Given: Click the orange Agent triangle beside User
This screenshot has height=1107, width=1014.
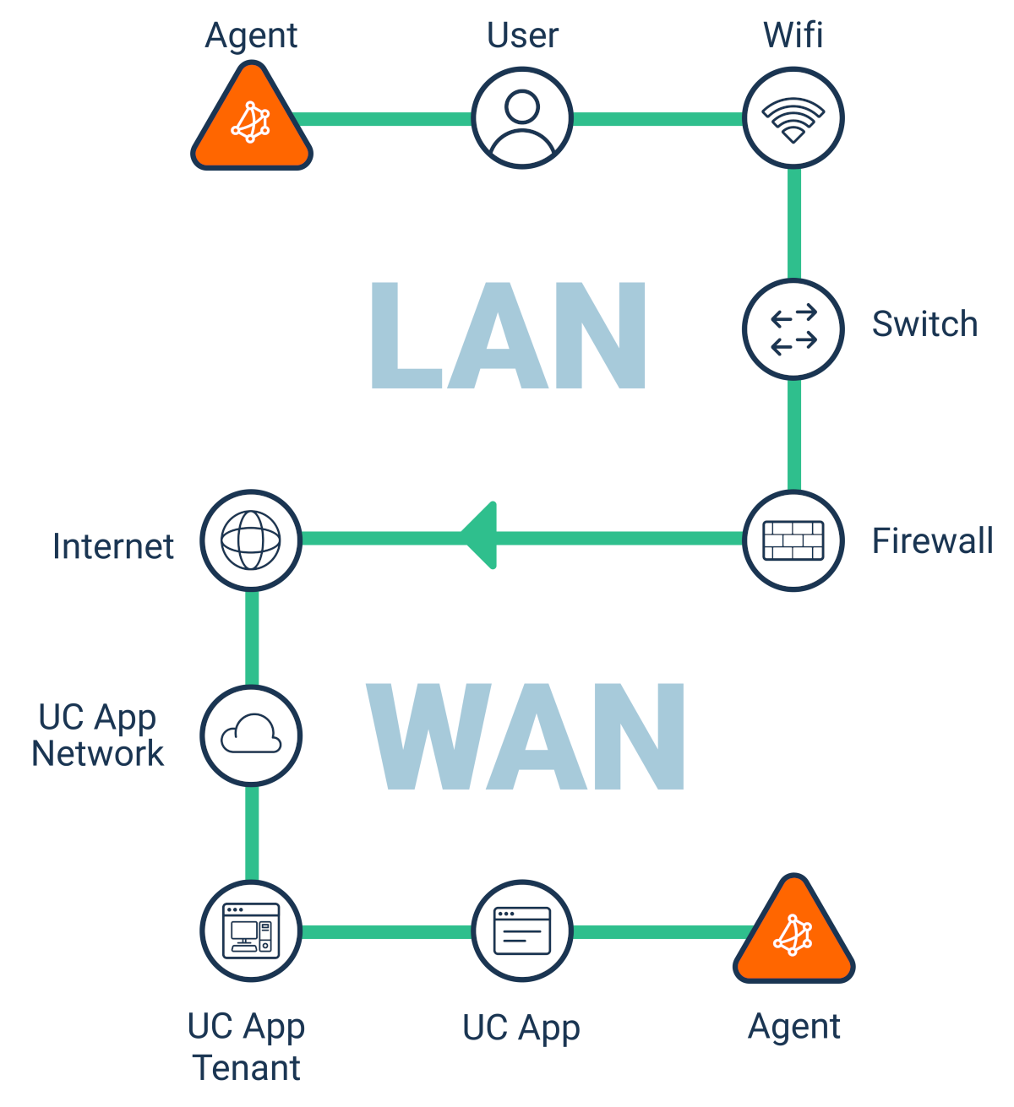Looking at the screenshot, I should click(251, 123).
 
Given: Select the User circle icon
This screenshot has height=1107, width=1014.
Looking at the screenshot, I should click(522, 118).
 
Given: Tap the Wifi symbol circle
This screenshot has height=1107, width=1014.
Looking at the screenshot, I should click(793, 118).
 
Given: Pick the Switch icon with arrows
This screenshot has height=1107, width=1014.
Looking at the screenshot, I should click(793, 328).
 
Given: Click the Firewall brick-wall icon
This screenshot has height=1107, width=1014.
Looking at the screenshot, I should click(793, 540).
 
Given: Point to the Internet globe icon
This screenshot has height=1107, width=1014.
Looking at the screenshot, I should click(251, 540).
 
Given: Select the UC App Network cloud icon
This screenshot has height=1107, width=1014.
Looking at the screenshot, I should click(251, 735).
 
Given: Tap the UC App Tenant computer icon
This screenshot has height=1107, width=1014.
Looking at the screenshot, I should click(251, 931).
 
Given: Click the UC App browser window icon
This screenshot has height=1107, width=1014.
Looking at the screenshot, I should click(522, 931).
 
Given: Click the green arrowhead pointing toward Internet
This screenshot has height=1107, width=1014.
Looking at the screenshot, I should click(480, 536).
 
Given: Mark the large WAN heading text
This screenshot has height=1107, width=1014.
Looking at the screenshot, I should click(526, 736).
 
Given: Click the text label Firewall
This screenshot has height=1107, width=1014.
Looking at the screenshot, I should click(932, 541).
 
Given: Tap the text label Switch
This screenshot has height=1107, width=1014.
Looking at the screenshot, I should click(924, 324).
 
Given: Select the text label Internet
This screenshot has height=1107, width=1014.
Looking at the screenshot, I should click(113, 546).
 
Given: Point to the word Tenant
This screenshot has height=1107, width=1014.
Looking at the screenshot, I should click(247, 1067).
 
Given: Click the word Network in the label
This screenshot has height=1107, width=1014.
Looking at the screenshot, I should click(98, 753).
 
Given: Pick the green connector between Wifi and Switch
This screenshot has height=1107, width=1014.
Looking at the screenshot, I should click(793, 224).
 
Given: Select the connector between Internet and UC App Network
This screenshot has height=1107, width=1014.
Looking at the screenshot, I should click(252, 638).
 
